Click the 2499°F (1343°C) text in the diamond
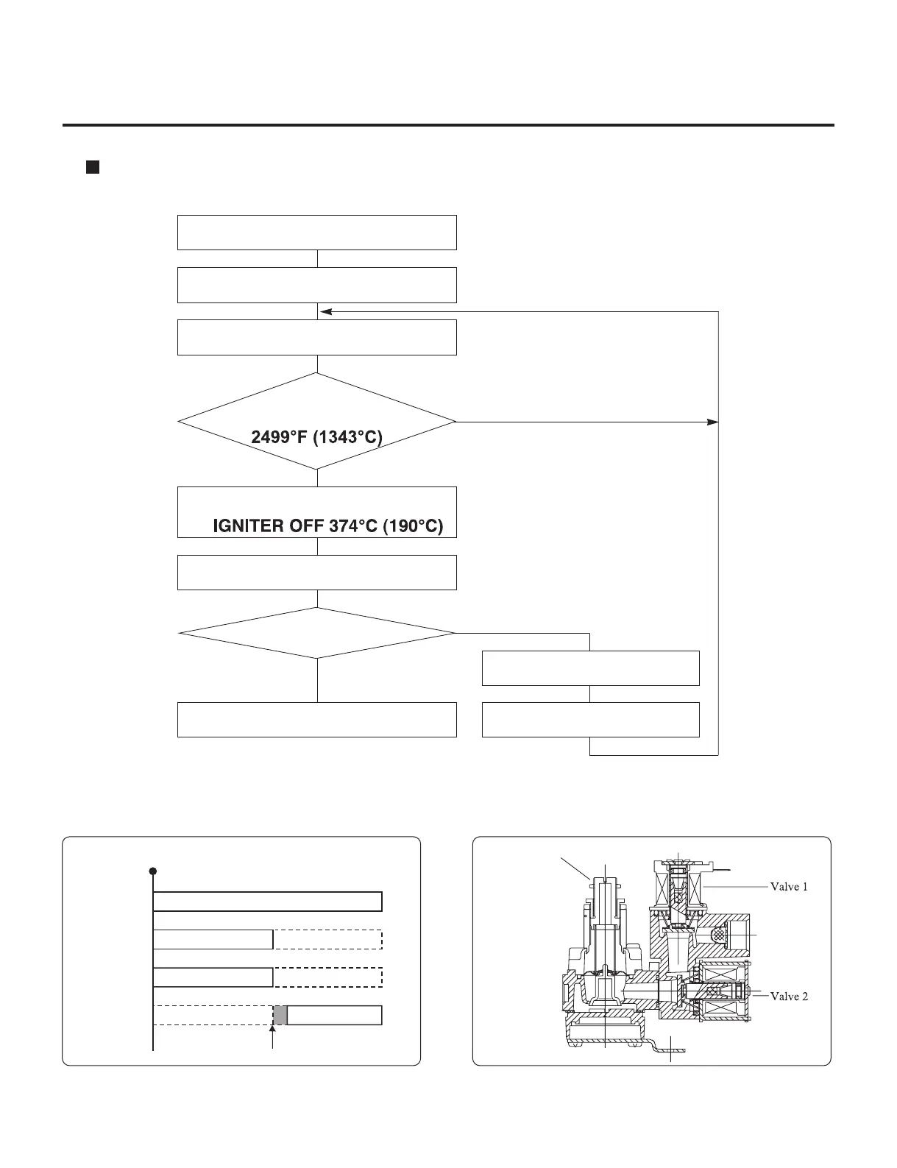(317, 437)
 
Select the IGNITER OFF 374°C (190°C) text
(327, 527)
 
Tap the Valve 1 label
(789, 887)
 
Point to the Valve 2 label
(789, 997)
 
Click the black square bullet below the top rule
(92, 167)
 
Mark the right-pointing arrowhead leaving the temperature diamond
(712, 422)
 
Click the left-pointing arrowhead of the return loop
(325, 312)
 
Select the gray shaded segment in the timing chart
(280, 1015)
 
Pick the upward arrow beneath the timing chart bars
(273, 1038)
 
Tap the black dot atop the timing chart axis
(153, 871)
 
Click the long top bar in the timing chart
(268, 902)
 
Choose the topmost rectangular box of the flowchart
(316, 233)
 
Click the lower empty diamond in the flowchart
(316, 633)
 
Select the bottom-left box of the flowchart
(316, 720)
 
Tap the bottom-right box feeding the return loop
(590, 720)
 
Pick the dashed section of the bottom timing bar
(213, 1015)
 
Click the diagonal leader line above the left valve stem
(575, 868)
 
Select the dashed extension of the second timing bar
(327, 940)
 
